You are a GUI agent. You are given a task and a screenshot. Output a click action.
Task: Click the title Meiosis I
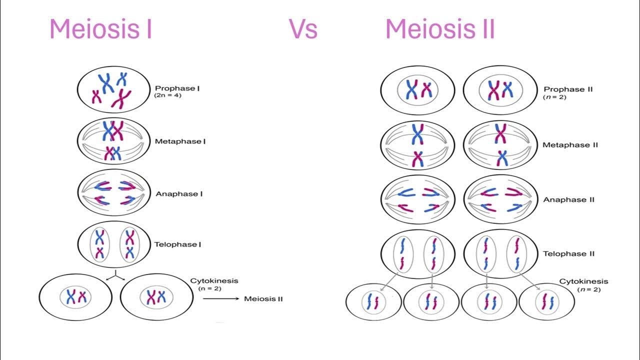point(100,29)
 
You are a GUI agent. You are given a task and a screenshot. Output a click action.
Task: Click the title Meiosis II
point(440,29)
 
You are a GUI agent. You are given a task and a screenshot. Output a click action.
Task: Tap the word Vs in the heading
point(303,29)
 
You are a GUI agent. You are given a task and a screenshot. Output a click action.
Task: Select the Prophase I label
point(177,88)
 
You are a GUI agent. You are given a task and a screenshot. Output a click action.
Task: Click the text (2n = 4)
point(168,95)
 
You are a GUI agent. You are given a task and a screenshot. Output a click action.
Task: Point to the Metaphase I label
point(180,141)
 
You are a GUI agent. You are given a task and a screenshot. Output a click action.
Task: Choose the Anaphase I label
point(179,194)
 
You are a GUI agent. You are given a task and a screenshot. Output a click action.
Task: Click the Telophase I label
point(178,244)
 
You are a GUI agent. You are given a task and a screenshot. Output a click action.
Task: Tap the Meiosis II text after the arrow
point(263,299)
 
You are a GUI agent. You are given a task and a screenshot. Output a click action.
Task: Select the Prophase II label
point(568,89)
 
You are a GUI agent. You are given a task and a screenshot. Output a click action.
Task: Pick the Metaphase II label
point(570,145)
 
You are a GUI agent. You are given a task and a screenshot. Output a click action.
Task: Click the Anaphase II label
point(568,199)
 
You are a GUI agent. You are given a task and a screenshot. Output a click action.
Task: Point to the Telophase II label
point(569,253)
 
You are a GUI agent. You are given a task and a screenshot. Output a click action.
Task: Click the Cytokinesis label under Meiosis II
point(583,281)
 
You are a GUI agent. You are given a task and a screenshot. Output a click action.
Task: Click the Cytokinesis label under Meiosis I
point(214,281)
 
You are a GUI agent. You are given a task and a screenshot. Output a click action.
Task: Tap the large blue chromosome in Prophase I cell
point(106,83)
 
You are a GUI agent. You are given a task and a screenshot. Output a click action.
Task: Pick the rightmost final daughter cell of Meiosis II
point(546,302)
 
